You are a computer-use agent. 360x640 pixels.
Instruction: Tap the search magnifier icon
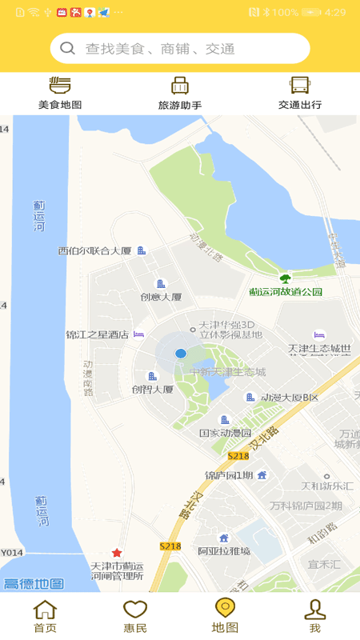click(68, 48)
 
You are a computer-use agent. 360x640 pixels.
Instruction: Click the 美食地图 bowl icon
click(60, 86)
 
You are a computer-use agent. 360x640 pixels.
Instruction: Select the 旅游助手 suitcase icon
click(180, 86)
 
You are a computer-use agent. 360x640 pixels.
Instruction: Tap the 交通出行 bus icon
click(300, 86)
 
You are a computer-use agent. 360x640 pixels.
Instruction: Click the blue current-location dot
click(181, 353)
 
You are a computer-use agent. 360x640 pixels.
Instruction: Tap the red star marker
click(117, 553)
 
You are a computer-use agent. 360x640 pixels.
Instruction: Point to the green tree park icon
click(285, 278)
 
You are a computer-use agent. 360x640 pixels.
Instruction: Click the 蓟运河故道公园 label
click(286, 292)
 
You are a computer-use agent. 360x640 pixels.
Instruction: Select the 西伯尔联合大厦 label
click(94, 250)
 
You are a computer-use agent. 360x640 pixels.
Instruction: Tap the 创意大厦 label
click(161, 297)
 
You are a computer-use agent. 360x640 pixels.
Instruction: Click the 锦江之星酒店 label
click(97, 334)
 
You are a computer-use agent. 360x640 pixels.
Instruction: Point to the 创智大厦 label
click(152, 390)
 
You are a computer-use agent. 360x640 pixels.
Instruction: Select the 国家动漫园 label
click(225, 433)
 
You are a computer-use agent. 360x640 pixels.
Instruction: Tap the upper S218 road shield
click(238, 455)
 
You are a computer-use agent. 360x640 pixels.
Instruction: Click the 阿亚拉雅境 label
click(224, 550)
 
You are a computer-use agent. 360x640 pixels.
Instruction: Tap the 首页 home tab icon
click(45, 610)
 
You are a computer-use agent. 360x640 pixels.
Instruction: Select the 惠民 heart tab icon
click(135, 610)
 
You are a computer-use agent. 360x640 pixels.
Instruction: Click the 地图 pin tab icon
click(225, 609)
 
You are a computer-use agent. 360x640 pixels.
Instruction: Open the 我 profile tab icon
click(315, 610)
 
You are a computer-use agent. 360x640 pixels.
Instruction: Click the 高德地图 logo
click(33, 583)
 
